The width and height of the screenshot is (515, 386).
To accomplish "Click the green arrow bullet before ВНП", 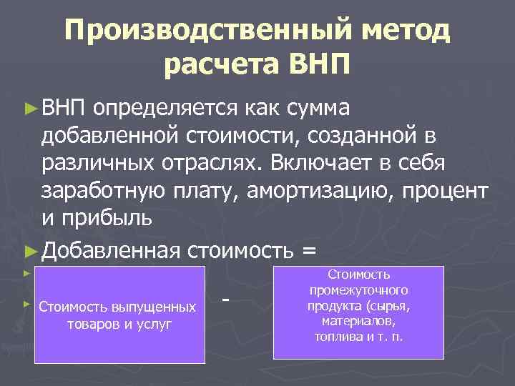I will [x=30, y=108].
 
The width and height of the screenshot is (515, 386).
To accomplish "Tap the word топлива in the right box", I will [x=337, y=335].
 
